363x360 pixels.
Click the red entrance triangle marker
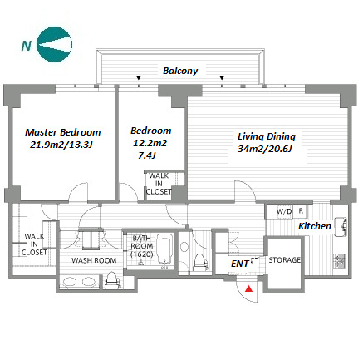[x=249, y=288]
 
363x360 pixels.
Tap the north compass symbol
[x=55, y=44]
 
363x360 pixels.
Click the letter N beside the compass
[x=27, y=46]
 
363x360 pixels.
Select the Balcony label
[x=180, y=71]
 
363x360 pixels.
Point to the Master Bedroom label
[x=63, y=132]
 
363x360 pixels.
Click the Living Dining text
[x=267, y=136]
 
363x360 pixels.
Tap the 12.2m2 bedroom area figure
[x=150, y=143]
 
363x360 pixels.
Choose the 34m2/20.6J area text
[x=265, y=149]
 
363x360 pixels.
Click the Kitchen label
[x=315, y=226]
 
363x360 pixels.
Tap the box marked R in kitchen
[x=301, y=211]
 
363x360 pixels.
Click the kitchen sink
[x=341, y=227]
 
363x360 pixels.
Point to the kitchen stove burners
[x=340, y=261]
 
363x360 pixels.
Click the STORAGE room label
[x=284, y=260]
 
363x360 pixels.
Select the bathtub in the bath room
[x=165, y=251]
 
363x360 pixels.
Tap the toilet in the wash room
[x=112, y=280]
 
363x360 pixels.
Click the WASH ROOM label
[x=94, y=260]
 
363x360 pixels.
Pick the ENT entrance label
[x=239, y=264]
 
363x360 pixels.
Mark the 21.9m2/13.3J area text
[x=61, y=145]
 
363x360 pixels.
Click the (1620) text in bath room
[x=141, y=254]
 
